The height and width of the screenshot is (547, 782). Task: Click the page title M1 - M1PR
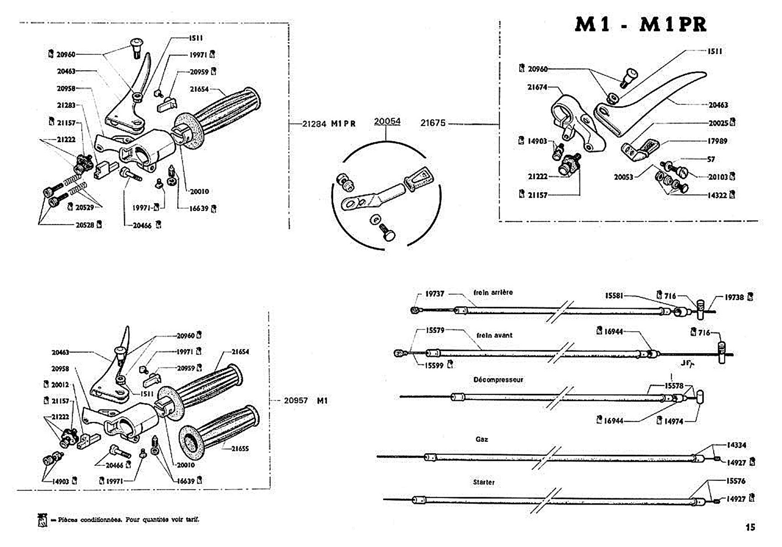coord(640,25)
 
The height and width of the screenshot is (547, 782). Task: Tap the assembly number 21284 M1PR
coord(328,124)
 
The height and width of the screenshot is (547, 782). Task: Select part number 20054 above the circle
coord(387,121)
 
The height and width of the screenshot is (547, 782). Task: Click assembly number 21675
coord(433,123)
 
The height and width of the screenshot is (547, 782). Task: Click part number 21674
coord(537,87)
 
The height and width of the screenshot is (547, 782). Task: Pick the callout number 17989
coord(717,141)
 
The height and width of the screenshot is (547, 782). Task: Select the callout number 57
coord(711,159)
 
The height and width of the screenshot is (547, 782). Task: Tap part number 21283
coord(66,105)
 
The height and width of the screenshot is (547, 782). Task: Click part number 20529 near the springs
coord(84,207)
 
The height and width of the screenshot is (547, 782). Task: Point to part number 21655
coord(240,449)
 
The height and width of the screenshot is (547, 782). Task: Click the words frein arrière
coord(493,292)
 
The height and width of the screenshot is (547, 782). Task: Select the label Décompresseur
coord(498,380)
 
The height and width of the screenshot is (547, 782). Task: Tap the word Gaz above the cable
coord(481,439)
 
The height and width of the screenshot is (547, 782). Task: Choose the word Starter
coord(484,482)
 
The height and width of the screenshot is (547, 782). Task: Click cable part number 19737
coord(434,294)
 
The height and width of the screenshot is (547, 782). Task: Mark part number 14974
coord(673,421)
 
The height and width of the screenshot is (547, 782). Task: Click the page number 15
coord(750,527)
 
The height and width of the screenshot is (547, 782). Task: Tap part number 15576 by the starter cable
coord(735,481)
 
